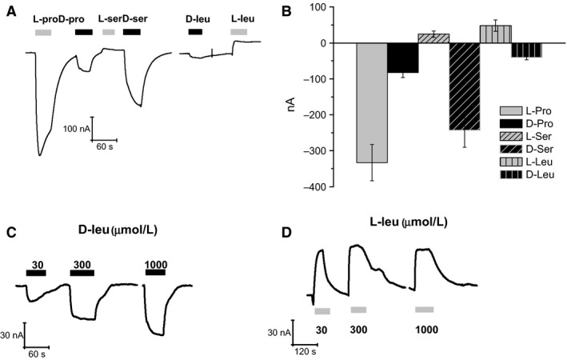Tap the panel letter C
10,234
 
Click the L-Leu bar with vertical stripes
496,34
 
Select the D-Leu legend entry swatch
513,174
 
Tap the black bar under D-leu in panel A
195,32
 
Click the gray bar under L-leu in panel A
239,32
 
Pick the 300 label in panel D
358,327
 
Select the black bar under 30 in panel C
36,273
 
